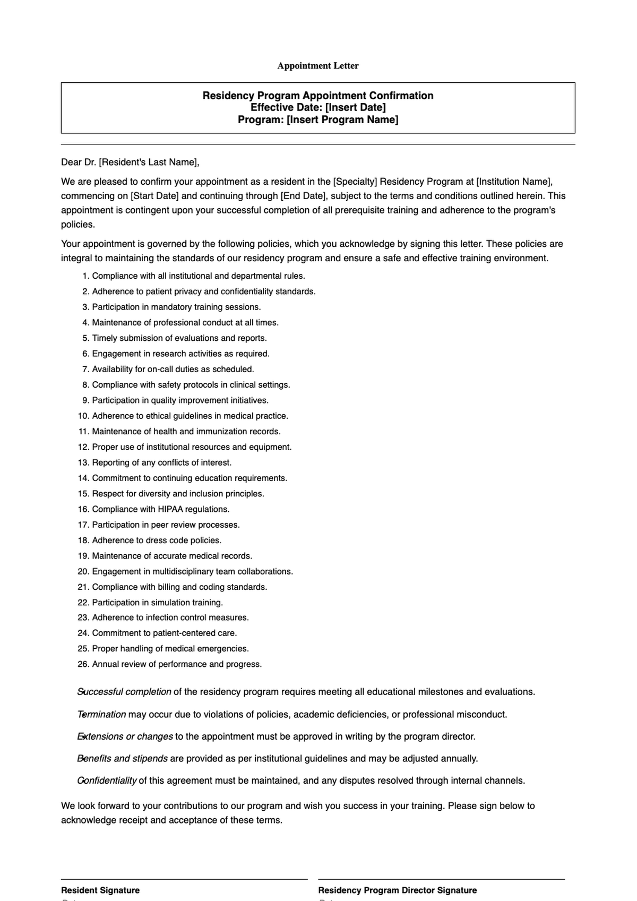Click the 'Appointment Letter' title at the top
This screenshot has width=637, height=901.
click(318, 66)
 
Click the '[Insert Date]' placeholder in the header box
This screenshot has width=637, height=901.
click(355, 108)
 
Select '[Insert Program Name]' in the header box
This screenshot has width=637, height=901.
click(342, 120)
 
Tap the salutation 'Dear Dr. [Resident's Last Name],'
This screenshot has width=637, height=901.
click(130, 162)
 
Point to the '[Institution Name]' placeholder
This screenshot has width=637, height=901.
click(514, 182)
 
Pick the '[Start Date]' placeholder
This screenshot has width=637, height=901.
click(154, 196)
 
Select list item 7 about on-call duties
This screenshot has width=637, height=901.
click(173, 369)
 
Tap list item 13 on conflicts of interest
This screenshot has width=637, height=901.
click(161, 462)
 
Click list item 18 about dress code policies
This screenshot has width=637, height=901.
click(157, 540)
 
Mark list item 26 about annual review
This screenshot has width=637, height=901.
click(177, 664)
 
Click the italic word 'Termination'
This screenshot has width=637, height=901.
click(102, 715)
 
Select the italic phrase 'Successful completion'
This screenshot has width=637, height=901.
click(124, 692)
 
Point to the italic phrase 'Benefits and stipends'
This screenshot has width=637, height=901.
click(123, 759)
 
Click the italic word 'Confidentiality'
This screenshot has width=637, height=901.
click(107, 781)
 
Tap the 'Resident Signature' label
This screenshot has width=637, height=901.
click(100, 890)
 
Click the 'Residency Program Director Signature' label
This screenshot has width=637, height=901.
click(397, 890)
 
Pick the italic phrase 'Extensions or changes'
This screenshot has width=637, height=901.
click(125, 737)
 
